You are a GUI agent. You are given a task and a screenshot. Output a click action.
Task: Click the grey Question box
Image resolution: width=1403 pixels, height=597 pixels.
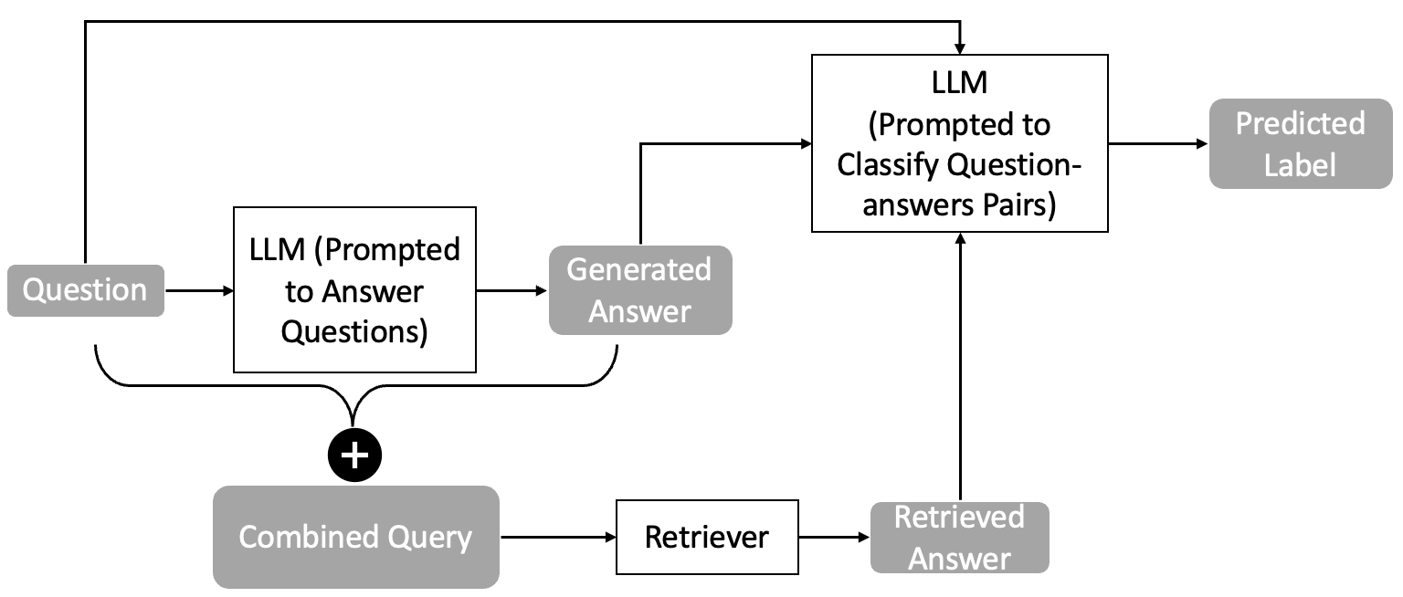click(86, 290)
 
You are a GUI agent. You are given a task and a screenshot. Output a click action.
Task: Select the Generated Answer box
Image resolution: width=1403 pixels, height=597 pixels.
click(639, 290)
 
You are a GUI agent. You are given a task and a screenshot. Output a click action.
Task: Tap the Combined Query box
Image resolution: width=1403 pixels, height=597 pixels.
click(355, 537)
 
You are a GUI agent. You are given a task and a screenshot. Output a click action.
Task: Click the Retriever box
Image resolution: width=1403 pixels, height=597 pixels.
click(706, 537)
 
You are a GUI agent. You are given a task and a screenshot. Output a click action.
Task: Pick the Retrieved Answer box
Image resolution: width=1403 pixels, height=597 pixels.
click(959, 537)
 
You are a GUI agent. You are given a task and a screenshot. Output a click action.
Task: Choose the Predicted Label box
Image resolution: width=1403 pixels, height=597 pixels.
click(1300, 144)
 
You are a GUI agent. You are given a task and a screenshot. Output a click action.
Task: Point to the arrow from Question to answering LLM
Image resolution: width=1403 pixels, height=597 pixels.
click(199, 291)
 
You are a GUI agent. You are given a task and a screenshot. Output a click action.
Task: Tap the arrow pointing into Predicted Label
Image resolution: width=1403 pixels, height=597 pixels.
click(1158, 144)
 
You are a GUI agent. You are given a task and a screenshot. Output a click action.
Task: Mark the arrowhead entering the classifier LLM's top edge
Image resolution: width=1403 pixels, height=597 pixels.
click(960, 47)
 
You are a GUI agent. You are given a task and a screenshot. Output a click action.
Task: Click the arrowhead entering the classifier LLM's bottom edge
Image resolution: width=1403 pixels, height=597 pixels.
click(960, 238)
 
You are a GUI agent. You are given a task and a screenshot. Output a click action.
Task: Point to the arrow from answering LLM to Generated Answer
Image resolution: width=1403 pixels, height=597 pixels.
click(512, 291)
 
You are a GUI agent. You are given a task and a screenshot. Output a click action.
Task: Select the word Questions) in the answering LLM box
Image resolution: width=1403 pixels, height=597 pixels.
click(354, 332)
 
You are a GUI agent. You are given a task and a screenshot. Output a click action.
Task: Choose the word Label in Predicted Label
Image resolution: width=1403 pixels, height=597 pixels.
click(1300, 164)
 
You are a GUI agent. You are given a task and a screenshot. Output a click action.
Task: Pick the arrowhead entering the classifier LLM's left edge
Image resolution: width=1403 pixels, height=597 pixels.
click(805, 143)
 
